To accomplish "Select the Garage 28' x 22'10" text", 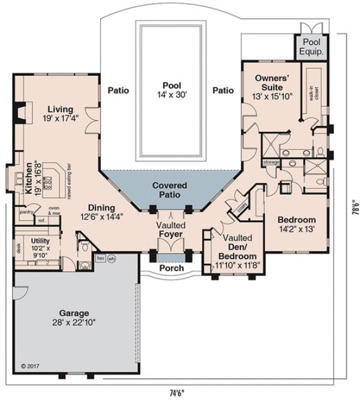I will [78, 318].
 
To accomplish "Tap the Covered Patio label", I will [169, 190].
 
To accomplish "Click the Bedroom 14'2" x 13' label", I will [296, 224].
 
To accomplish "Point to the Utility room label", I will [32, 245].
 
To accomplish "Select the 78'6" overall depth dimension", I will [353, 209].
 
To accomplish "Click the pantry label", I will [25, 212].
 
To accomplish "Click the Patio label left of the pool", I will [118, 90].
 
